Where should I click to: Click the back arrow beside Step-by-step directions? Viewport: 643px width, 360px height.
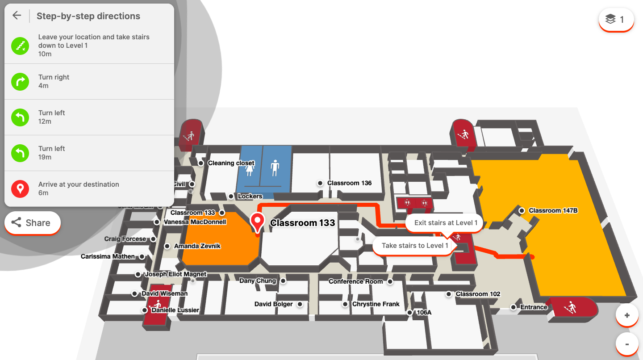[17, 16]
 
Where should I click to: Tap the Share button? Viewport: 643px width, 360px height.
[32, 222]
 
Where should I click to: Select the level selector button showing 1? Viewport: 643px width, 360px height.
[616, 20]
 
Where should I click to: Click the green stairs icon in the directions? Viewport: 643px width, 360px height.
[20, 46]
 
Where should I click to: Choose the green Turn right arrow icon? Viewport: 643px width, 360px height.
[20, 81]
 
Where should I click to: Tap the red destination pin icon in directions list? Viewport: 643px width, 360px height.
[20, 188]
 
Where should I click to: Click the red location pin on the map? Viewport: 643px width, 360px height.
[257, 222]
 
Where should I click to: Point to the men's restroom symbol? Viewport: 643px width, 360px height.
[275, 168]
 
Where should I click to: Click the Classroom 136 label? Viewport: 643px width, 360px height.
[349, 183]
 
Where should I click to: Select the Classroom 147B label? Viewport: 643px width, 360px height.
[553, 210]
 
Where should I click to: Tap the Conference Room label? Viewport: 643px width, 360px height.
[356, 281]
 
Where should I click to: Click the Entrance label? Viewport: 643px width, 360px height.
[534, 307]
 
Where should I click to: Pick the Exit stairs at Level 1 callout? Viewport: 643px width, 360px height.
[446, 223]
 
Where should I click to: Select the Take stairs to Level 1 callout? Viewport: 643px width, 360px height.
[415, 246]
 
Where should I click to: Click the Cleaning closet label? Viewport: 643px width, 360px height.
[231, 163]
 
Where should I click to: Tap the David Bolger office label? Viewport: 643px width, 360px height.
[274, 304]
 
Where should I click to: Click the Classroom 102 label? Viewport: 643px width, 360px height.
[478, 294]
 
